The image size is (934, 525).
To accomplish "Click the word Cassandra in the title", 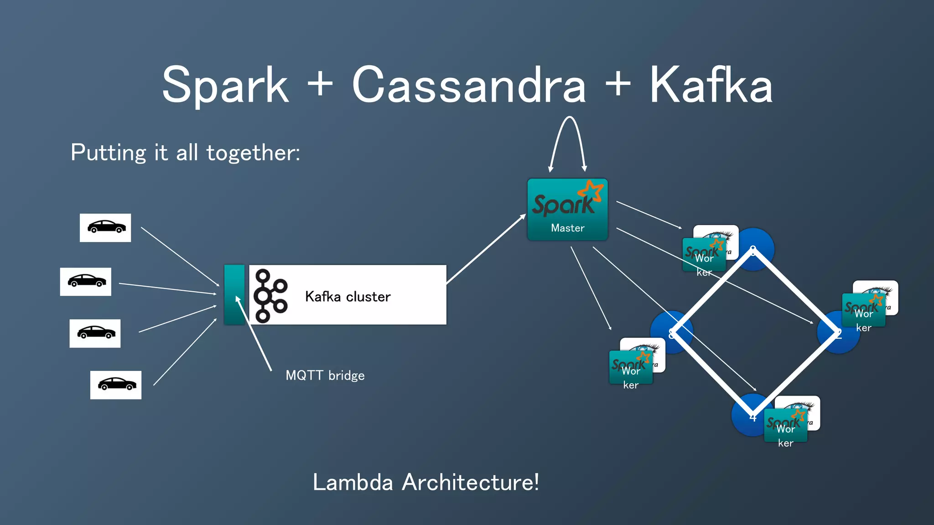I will [x=469, y=85].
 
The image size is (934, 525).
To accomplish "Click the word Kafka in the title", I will [x=711, y=85].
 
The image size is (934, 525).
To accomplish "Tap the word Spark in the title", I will [x=225, y=85].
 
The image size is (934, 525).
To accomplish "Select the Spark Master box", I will [x=567, y=210].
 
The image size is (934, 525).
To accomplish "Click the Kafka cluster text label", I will [x=348, y=297].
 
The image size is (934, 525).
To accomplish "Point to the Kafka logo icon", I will [x=270, y=296].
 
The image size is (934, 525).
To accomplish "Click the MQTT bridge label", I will [x=325, y=376].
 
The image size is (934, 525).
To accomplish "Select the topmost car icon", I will [x=105, y=227].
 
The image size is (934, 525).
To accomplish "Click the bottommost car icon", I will [x=115, y=385].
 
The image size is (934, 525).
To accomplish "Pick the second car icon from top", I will [x=86, y=282].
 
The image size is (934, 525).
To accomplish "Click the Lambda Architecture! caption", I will [x=425, y=482].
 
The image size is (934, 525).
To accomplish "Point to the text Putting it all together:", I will [x=185, y=152].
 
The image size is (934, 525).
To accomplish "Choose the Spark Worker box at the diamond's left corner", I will [x=631, y=367].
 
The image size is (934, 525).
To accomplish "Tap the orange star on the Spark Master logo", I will [x=592, y=190].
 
